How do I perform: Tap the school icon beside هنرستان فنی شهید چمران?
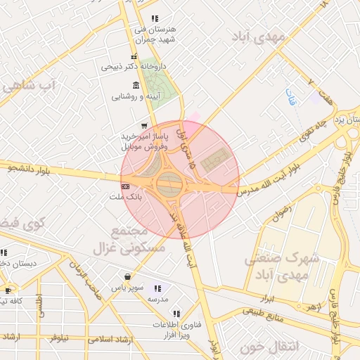(x=155, y=18)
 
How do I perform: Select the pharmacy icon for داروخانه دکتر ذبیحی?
(x=134, y=57)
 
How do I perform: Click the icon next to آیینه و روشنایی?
(x=136, y=85)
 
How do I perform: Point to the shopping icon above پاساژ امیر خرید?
(x=144, y=125)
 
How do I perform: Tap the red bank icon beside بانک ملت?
(x=125, y=187)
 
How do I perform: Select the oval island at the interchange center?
(x=169, y=185)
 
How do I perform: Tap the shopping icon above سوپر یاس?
(x=127, y=277)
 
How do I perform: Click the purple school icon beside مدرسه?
(x=157, y=288)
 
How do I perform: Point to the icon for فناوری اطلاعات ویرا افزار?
(x=176, y=313)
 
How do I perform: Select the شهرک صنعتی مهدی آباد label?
(x=281, y=266)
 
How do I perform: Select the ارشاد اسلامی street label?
(x=110, y=339)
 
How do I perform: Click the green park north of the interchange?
(x=161, y=84)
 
